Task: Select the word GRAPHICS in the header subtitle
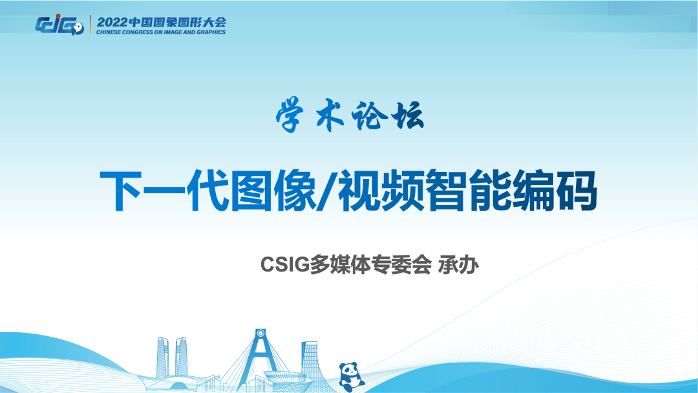210,32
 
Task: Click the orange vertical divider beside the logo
90,25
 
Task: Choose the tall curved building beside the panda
310,362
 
